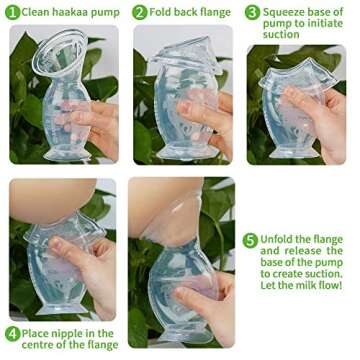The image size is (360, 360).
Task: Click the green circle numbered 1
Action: [12, 13]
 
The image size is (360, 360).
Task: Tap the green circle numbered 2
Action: [138, 13]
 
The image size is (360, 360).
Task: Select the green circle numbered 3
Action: [254, 13]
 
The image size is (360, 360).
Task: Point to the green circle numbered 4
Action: [12, 333]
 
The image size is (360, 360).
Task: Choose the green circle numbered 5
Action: [251, 240]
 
